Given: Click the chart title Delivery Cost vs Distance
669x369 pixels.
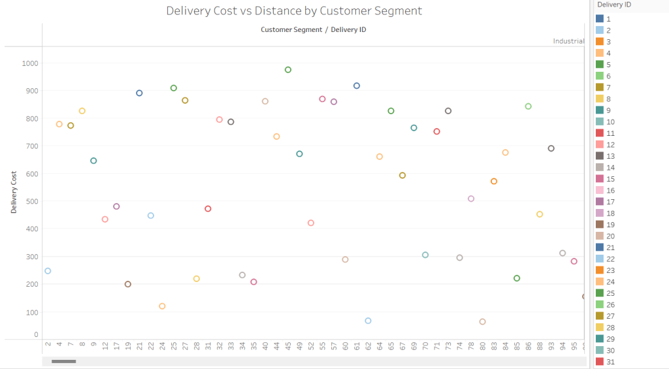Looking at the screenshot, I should click(x=294, y=11).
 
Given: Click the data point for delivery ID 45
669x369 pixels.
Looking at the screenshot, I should click(x=288, y=70).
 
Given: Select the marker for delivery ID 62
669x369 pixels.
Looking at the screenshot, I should click(x=368, y=321).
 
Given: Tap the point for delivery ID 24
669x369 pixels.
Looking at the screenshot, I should click(x=162, y=306).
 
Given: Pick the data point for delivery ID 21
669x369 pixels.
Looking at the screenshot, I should click(x=139, y=93).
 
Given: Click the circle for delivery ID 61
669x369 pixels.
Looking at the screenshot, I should click(x=357, y=86).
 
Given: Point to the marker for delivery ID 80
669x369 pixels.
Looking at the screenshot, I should click(x=482, y=321).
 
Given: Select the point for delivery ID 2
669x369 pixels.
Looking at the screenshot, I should click(x=48, y=271).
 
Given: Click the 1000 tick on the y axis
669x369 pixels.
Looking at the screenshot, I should click(x=30, y=63).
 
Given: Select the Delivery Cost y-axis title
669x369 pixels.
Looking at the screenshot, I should click(x=14, y=193).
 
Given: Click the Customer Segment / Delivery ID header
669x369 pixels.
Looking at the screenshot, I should click(x=313, y=29).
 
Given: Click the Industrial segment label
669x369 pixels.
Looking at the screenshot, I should click(x=568, y=41).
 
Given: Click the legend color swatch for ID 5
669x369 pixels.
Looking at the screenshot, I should click(x=600, y=65).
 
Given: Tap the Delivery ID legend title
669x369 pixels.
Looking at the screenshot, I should click(x=614, y=5).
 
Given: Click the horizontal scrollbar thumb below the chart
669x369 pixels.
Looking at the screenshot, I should click(x=64, y=361).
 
